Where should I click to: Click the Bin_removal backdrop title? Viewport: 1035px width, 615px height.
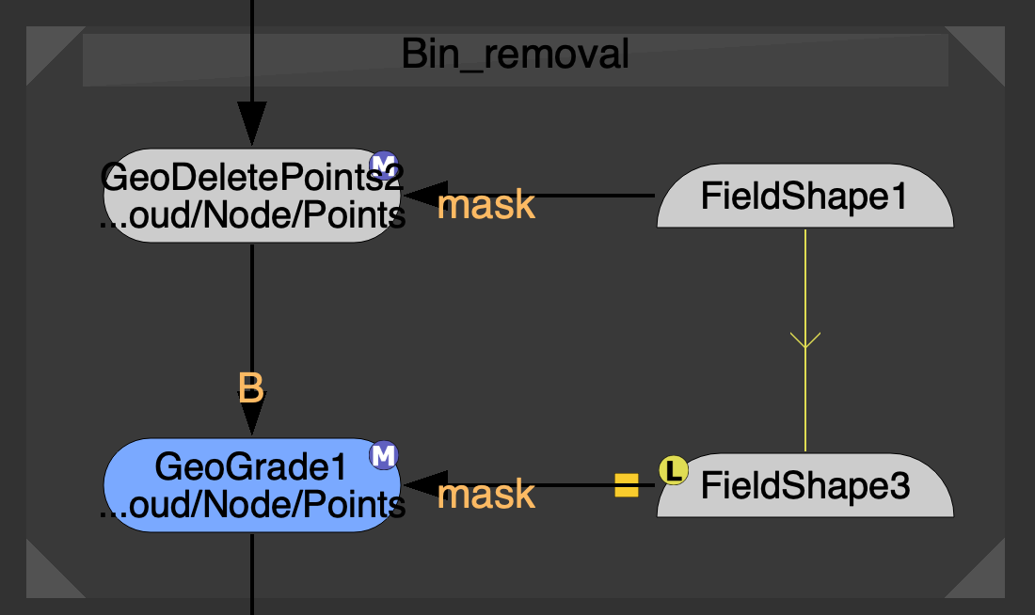515,55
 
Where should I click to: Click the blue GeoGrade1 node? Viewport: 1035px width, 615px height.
251,485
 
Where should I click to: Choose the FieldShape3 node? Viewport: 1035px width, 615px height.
805,488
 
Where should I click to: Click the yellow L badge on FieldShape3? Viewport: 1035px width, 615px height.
673,468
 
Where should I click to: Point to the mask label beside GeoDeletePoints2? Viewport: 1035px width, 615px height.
486,205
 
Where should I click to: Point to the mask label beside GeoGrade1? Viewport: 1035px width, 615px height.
486,495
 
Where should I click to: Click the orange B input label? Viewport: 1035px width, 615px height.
250,387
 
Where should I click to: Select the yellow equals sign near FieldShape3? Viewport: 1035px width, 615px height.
627,485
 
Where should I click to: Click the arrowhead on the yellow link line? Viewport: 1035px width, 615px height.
805,339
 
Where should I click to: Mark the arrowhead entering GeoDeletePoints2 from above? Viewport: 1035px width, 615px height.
252,124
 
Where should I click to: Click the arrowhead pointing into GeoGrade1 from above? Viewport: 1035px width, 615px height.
252,414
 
